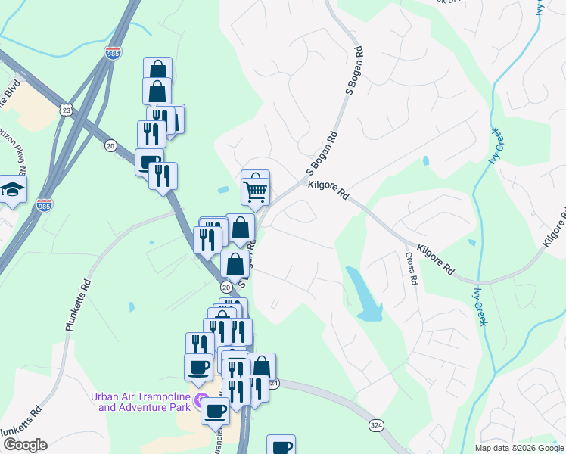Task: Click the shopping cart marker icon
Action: tap(256, 188)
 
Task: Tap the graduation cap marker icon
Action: tap(13, 189)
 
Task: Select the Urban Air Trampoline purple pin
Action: tap(201, 400)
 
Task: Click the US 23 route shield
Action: tap(67, 110)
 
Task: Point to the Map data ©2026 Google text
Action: tap(518, 448)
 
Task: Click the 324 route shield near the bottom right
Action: tap(376, 426)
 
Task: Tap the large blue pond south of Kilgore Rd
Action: tap(365, 294)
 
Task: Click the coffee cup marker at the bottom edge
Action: tap(281, 446)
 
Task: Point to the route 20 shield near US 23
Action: tap(110, 145)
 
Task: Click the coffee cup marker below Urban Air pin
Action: tap(215, 411)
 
